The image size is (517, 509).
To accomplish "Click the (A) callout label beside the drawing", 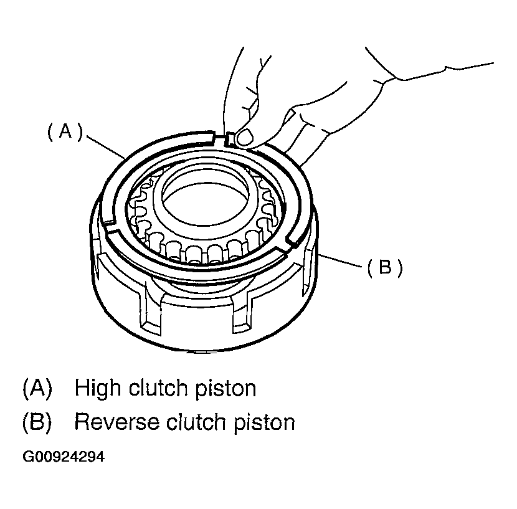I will click(x=65, y=132).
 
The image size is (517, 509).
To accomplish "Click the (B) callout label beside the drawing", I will click(x=384, y=268).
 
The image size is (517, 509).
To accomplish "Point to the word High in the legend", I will click(x=98, y=388).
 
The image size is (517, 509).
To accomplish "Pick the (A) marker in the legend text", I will click(x=36, y=388).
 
